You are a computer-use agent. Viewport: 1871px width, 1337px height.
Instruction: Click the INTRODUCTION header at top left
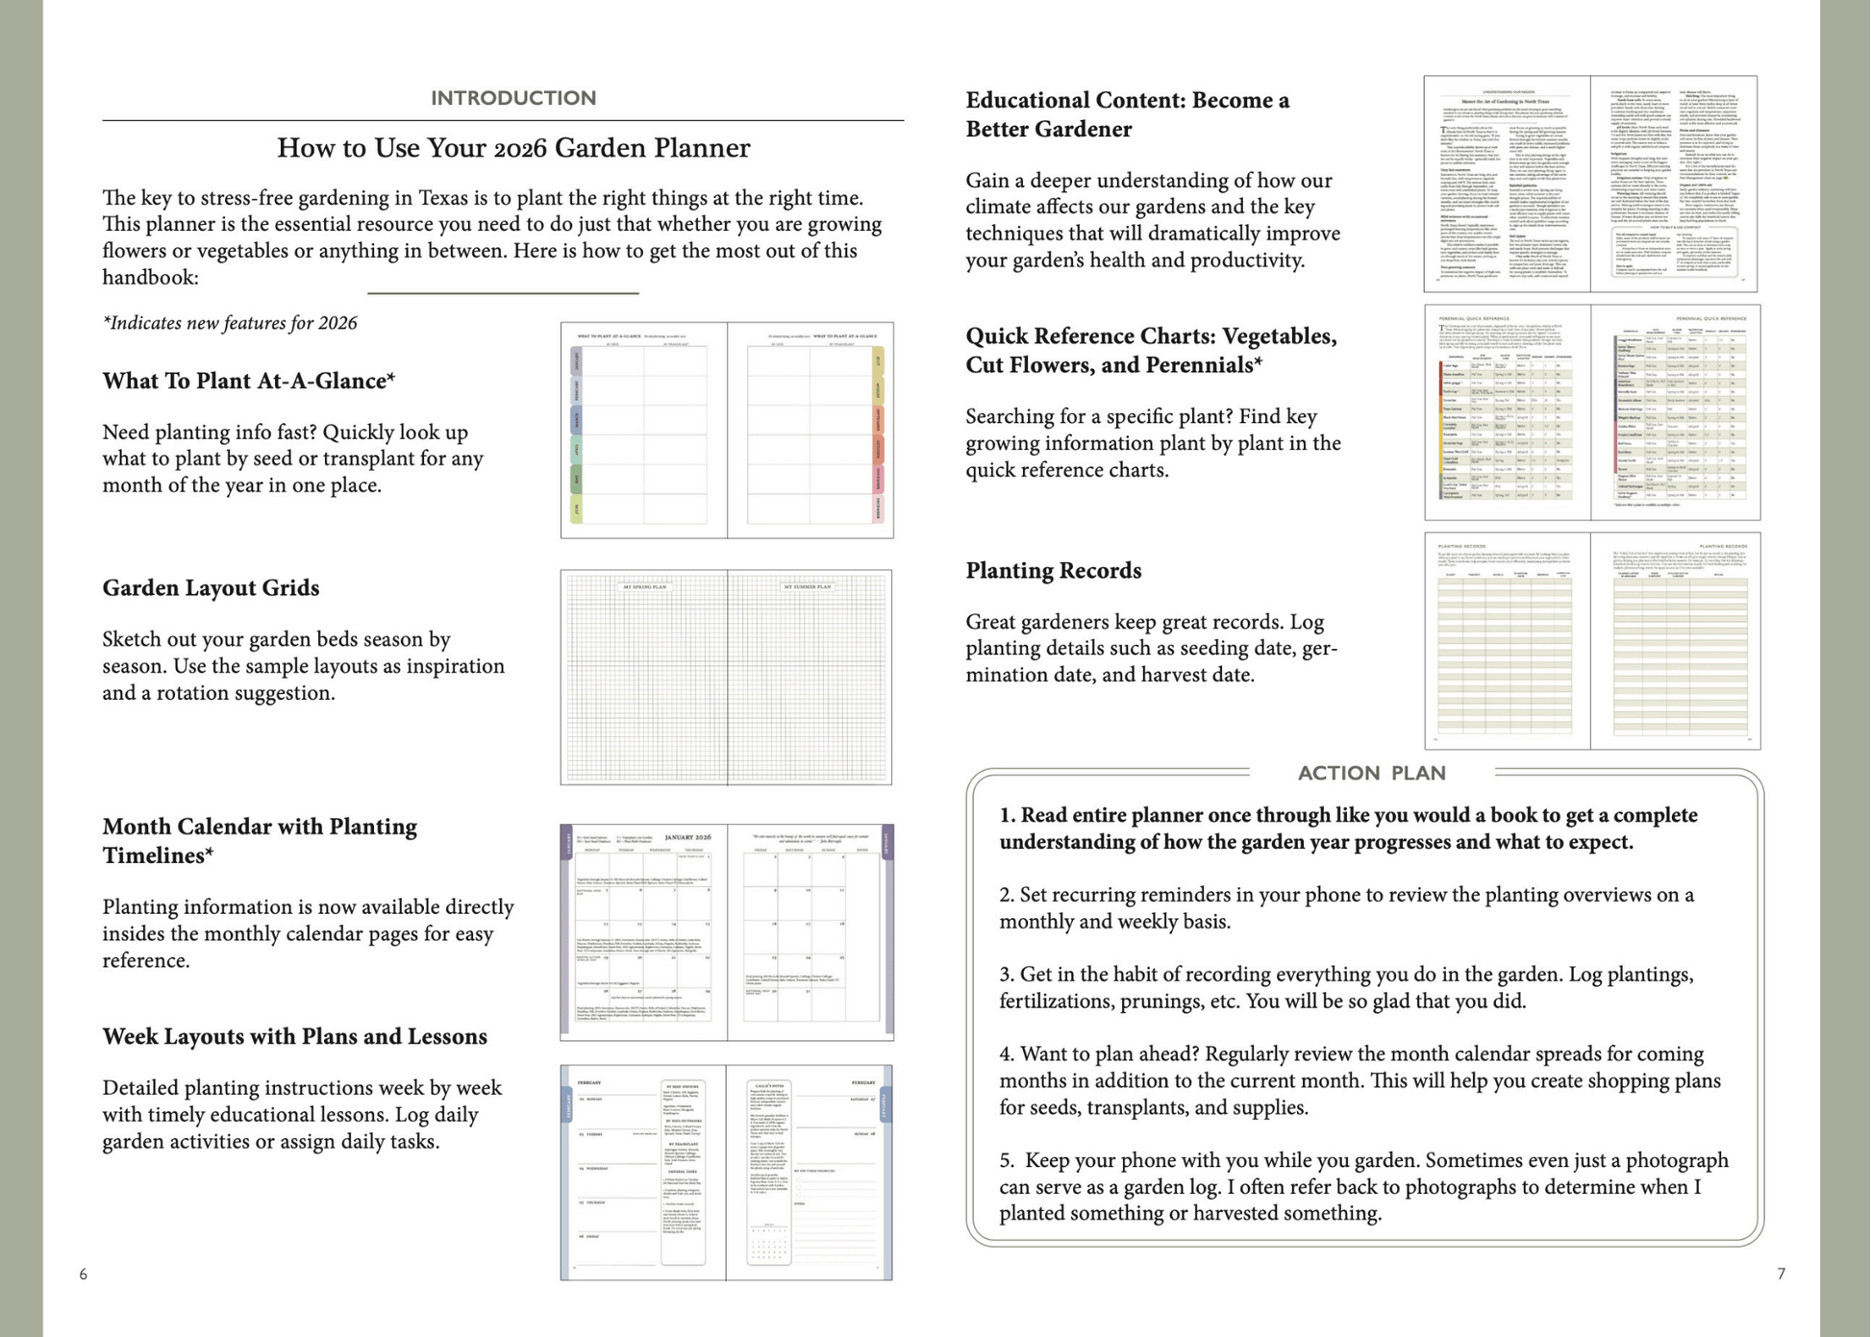(513, 98)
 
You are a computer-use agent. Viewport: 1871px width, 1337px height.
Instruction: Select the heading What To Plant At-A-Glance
(248, 381)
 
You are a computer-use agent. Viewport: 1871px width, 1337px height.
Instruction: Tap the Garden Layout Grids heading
(211, 588)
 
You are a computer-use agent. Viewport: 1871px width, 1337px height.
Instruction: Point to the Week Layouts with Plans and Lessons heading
(294, 1036)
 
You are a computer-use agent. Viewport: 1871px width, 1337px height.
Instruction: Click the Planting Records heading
(1053, 571)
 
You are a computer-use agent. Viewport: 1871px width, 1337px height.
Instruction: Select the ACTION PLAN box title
(1371, 773)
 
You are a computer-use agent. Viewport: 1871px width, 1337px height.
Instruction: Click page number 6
(84, 1275)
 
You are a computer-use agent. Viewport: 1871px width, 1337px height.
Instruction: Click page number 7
(1781, 1274)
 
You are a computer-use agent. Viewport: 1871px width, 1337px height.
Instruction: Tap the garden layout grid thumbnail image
(726, 678)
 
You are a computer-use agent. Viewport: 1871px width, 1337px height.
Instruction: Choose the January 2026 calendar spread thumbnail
(727, 932)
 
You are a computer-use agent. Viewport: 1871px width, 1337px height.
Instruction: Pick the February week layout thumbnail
(726, 1173)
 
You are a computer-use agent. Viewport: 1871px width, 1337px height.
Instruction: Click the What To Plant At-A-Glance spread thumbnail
(727, 431)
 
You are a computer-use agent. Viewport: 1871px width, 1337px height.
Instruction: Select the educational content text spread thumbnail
(1590, 184)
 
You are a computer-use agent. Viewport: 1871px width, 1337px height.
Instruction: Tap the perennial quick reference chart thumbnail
(1592, 412)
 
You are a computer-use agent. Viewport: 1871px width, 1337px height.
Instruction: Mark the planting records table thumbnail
(1592, 641)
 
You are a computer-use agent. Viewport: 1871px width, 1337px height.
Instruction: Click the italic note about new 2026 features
(230, 323)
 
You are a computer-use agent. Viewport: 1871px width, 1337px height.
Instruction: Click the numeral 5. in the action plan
(1007, 1160)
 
